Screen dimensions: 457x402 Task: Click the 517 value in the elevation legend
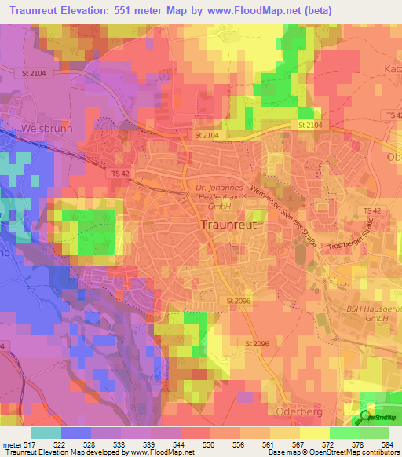30,444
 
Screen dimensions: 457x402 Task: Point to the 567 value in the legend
295,444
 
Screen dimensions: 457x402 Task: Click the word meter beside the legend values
10,444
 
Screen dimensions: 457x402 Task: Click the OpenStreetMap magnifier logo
366,416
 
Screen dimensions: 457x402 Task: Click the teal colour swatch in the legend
46,433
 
